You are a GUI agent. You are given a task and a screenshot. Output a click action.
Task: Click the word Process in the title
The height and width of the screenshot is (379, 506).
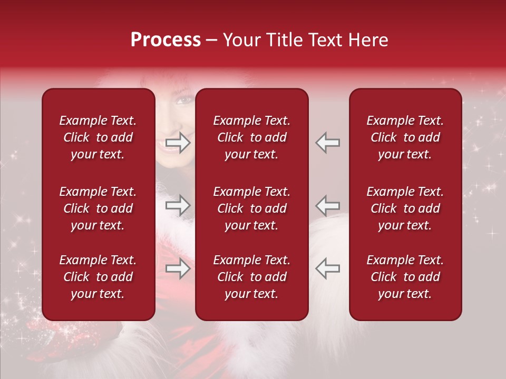[x=166, y=40]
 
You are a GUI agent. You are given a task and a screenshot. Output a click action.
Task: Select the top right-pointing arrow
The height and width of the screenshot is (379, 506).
[x=178, y=143]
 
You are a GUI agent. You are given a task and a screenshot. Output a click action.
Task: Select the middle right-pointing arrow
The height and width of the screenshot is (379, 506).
[x=178, y=205]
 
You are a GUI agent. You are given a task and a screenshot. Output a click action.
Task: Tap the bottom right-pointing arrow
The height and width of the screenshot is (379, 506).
[x=178, y=268]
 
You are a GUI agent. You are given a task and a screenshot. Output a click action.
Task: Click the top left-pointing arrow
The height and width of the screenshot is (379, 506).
[x=327, y=143]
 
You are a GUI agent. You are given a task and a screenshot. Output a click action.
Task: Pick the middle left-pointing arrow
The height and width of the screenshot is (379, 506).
[x=327, y=205]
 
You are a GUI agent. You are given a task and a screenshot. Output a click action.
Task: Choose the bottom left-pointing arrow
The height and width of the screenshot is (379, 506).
[x=327, y=268]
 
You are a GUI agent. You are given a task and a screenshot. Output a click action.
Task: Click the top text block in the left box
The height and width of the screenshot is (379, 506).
[x=98, y=137]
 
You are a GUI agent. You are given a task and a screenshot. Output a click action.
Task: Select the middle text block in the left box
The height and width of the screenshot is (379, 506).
[x=98, y=208]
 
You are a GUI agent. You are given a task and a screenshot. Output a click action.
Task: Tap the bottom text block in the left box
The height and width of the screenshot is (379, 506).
[x=98, y=277]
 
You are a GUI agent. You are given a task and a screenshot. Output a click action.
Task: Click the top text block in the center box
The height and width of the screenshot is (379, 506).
[x=251, y=137]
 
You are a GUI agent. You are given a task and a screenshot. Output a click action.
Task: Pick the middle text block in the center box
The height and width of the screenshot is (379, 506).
[x=251, y=208]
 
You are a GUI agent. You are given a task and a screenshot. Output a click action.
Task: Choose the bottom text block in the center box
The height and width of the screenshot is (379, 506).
[x=251, y=277]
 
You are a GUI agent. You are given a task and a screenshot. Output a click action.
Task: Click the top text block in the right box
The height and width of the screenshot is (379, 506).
[x=405, y=137]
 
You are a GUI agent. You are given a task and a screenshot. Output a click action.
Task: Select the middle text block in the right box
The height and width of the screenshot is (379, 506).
[x=405, y=208]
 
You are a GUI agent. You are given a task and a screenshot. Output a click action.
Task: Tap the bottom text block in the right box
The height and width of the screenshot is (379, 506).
[x=405, y=277]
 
